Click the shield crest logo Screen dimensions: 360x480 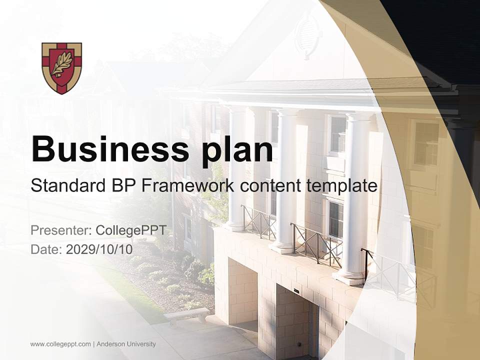click(x=61, y=68)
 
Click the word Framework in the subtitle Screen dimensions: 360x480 click(x=188, y=186)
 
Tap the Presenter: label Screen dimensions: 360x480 click(x=60, y=230)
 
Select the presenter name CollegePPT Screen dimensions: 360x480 click(x=130, y=230)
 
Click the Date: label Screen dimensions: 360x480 click(x=46, y=249)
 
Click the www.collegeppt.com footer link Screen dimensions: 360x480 click(x=60, y=344)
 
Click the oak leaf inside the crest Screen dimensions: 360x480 click(x=61, y=65)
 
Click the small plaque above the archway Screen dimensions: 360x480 click(x=296, y=290)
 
